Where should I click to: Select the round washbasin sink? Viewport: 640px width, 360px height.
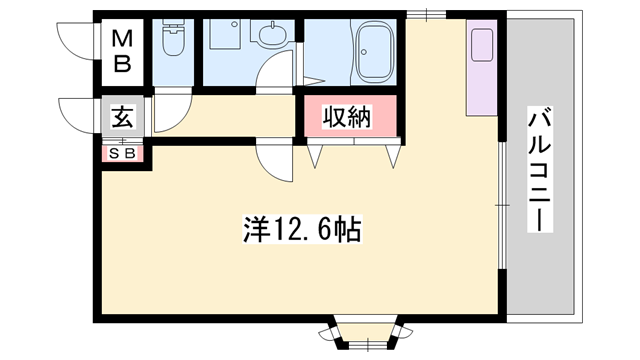click(x=270, y=38)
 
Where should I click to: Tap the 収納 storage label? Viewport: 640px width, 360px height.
click(x=347, y=117)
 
